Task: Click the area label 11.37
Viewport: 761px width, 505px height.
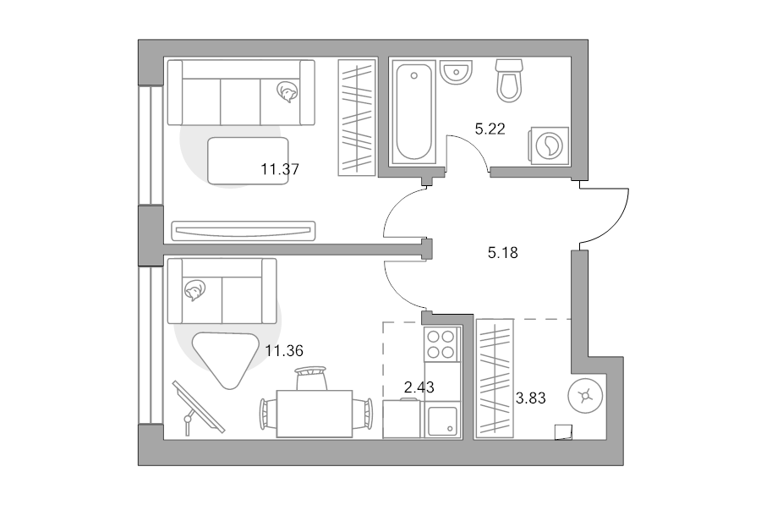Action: (x=280, y=169)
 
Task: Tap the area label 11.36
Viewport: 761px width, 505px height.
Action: (x=284, y=350)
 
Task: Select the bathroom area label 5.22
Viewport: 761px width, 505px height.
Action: (x=490, y=129)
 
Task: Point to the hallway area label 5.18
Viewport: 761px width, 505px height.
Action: (x=503, y=252)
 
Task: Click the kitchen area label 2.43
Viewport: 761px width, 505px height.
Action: (x=419, y=387)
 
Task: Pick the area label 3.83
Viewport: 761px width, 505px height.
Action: (x=530, y=398)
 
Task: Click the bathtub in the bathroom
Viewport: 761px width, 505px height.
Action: (x=413, y=112)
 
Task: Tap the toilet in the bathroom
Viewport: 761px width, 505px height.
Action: (x=509, y=80)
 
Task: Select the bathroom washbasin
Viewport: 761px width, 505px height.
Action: (x=457, y=73)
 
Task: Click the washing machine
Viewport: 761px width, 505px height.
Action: (x=549, y=145)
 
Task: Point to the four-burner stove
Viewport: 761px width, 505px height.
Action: (x=441, y=343)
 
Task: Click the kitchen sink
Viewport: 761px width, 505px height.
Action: (x=441, y=420)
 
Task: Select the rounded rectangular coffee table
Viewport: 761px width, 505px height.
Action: (x=248, y=162)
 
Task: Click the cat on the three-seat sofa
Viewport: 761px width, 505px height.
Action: (x=287, y=91)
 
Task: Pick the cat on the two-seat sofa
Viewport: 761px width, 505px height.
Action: (x=194, y=290)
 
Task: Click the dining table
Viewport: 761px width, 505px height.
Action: (x=315, y=414)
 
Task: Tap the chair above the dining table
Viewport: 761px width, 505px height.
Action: (x=311, y=378)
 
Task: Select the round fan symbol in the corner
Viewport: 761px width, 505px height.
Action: (x=585, y=396)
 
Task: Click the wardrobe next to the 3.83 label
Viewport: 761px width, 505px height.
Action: (x=495, y=378)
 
